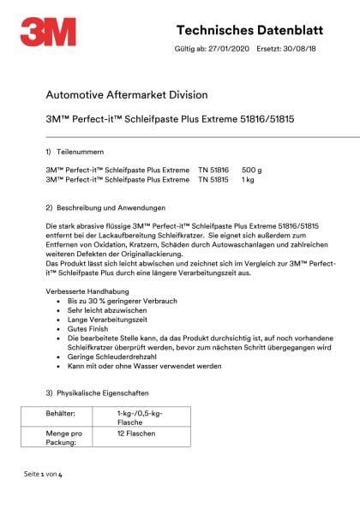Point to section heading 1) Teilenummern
[79, 151]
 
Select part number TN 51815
[213, 180]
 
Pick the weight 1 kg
[249, 180]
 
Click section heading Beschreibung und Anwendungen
[111, 208]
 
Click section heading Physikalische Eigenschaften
[108, 392]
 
